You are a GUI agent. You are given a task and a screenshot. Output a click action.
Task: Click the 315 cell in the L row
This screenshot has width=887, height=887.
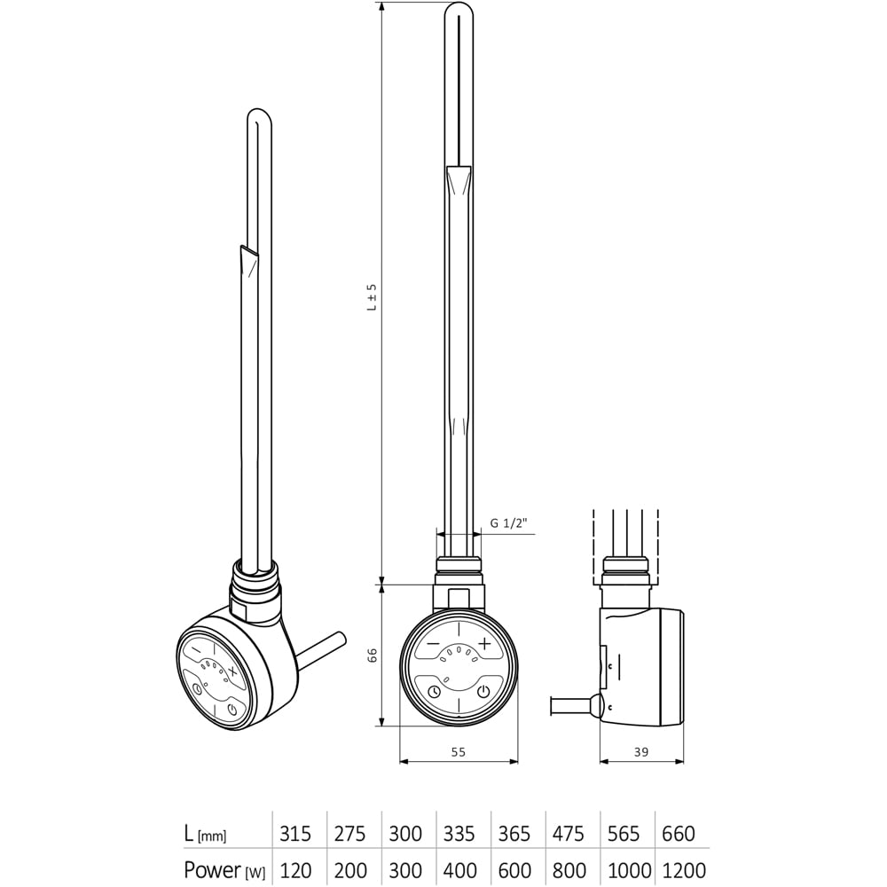pyautogui.click(x=295, y=834)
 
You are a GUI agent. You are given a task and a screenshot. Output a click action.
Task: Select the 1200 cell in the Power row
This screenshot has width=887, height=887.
pyautogui.click(x=684, y=870)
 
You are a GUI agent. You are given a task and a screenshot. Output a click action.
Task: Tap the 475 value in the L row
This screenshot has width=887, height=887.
pyautogui.click(x=569, y=834)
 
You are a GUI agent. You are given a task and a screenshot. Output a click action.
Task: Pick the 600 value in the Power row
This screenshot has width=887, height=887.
pyautogui.click(x=514, y=870)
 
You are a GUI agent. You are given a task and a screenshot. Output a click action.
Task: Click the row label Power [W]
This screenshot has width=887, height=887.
pyautogui.click(x=222, y=870)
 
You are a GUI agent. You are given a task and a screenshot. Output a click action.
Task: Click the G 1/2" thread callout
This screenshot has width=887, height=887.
pyautogui.click(x=508, y=523)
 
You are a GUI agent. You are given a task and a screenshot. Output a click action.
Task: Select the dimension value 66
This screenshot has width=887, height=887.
pyautogui.click(x=373, y=655)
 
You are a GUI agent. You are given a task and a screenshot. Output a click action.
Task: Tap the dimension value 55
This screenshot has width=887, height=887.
pyautogui.click(x=458, y=751)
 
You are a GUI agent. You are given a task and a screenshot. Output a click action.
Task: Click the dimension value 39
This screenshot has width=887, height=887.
pyautogui.click(x=641, y=751)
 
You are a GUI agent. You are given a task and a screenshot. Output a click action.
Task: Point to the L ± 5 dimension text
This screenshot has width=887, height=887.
pyautogui.click(x=373, y=297)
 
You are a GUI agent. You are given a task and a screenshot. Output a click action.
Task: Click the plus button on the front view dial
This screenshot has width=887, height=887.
pyautogui.click(x=484, y=643)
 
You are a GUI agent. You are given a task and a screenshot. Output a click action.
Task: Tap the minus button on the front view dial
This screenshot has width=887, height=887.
pyautogui.click(x=432, y=643)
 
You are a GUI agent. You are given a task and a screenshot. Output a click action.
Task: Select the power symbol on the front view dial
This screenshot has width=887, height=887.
pyautogui.click(x=483, y=691)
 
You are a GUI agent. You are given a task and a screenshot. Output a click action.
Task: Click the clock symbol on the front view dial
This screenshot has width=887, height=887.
pyautogui.click(x=433, y=691)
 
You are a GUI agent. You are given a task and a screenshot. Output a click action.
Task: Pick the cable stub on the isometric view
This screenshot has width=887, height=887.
pyautogui.click(x=324, y=647)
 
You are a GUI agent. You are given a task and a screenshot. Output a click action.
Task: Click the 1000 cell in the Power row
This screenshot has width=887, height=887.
pyautogui.click(x=629, y=870)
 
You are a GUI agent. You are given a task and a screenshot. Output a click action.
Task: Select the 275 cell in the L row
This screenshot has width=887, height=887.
pyautogui.click(x=349, y=834)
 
